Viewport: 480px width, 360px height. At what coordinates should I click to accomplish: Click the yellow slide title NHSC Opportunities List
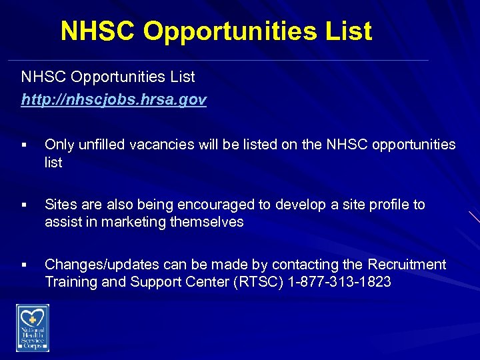click(216, 31)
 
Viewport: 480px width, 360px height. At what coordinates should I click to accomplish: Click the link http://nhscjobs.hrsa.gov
click(114, 100)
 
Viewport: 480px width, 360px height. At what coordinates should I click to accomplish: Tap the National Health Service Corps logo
click(33, 327)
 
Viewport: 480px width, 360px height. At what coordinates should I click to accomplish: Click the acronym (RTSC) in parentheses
click(259, 281)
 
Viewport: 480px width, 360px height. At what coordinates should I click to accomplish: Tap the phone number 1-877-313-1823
click(340, 281)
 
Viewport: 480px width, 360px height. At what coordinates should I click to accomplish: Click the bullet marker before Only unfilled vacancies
click(23, 145)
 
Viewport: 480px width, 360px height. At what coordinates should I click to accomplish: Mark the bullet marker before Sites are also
click(23, 205)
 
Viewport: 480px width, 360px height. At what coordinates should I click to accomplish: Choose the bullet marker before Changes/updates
click(23, 265)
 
